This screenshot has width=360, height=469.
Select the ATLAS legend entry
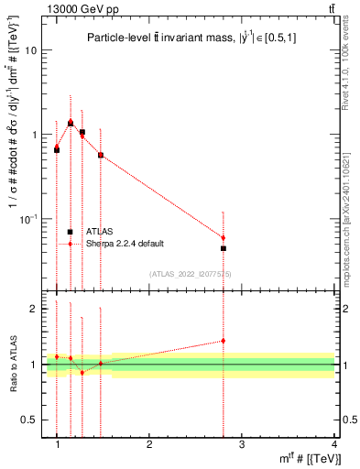pyautogui.click(x=98, y=232)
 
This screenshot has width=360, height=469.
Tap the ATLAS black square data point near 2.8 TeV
pyautogui.click(x=224, y=248)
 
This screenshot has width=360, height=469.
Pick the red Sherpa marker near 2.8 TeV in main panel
pyautogui.click(x=224, y=237)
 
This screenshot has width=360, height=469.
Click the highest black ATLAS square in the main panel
pyautogui.click(x=71, y=123)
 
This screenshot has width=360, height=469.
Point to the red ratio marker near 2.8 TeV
pyautogui.click(x=224, y=341)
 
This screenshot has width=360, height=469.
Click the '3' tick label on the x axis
pyautogui.click(x=242, y=445)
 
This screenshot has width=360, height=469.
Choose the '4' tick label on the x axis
pyautogui.click(x=334, y=445)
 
